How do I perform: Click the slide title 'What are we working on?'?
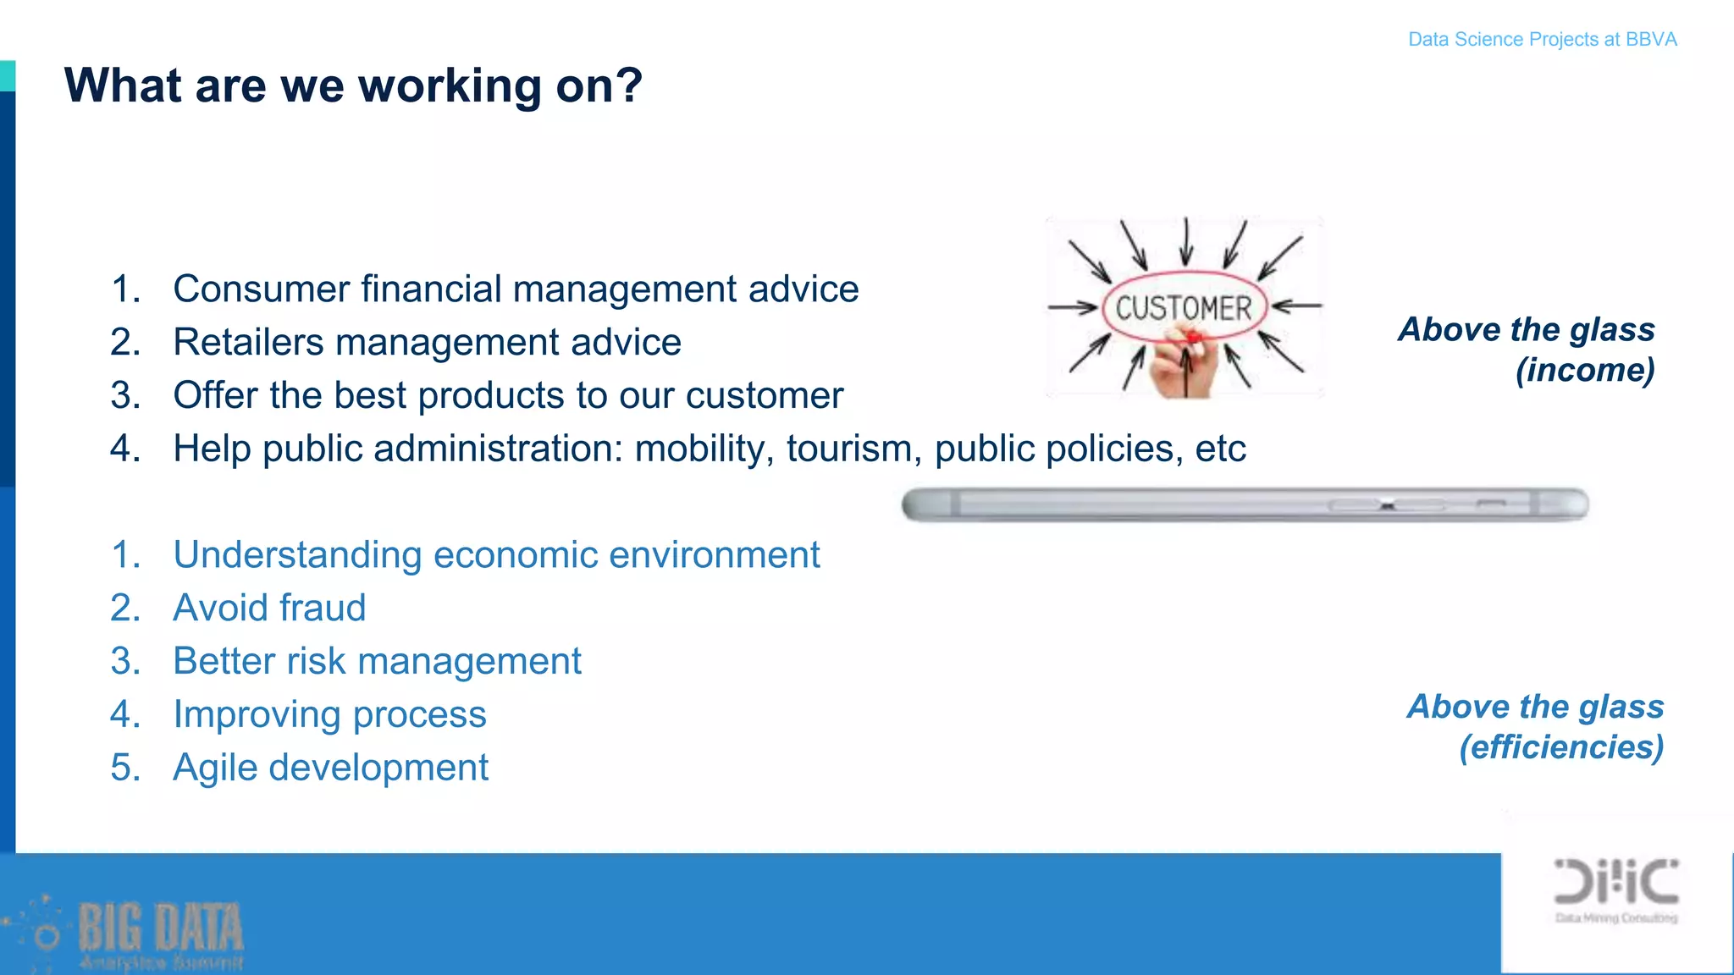pyautogui.click(x=353, y=86)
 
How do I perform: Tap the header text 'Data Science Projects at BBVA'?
pyautogui.click(x=1542, y=40)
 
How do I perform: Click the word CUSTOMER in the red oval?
pyautogui.click(x=1183, y=308)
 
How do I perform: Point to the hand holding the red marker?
pyautogui.click(x=1184, y=368)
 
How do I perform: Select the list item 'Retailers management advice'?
pyautogui.click(x=427, y=343)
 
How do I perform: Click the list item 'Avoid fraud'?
pyautogui.click(x=269, y=608)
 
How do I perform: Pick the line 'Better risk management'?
pyautogui.click(x=377, y=661)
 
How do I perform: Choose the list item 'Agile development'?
pyautogui.click(x=330, y=768)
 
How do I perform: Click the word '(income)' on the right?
pyautogui.click(x=1585, y=370)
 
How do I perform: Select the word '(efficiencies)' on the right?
pyautogui.click(x=1561, y=747)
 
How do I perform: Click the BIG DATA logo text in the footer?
pyautogui.click(x=161, y=928)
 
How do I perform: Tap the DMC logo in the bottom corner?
pyautogui.click(x=1615, y=884)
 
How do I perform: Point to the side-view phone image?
pyautogui.click(x=1245, y=505)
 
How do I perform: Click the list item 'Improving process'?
pyautogui.click(x=329, y=714)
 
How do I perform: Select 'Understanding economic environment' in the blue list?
pyautogui.click(x=496, y=555)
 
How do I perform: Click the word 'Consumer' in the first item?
pyautogui.click(x=261, y=289)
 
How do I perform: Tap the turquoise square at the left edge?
pyautogui.click(x=7, y=75)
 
